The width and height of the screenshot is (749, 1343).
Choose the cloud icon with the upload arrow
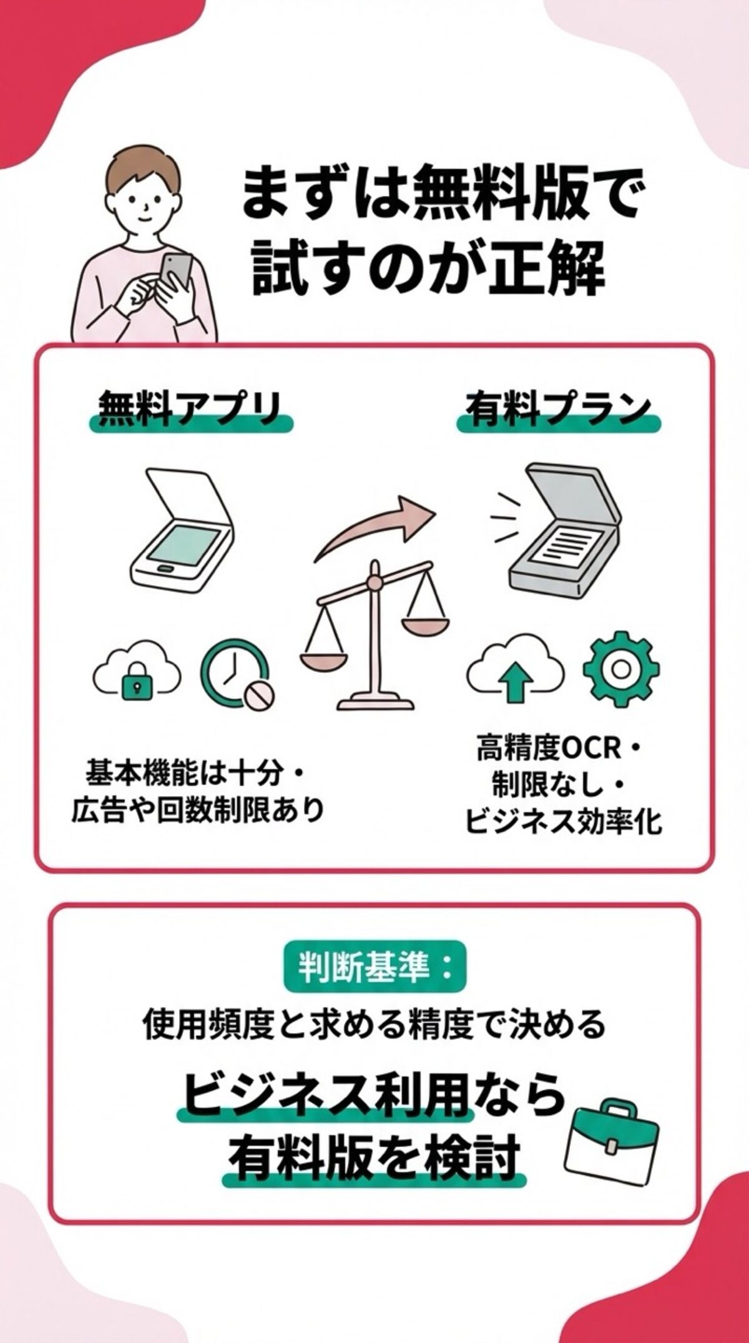point(516,671)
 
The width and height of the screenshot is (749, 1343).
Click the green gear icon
point(621,669)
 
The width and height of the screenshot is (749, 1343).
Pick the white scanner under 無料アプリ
point(181,531)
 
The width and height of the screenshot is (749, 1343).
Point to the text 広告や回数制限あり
point(198,810)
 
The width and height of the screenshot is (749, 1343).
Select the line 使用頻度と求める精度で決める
point(374,1024)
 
